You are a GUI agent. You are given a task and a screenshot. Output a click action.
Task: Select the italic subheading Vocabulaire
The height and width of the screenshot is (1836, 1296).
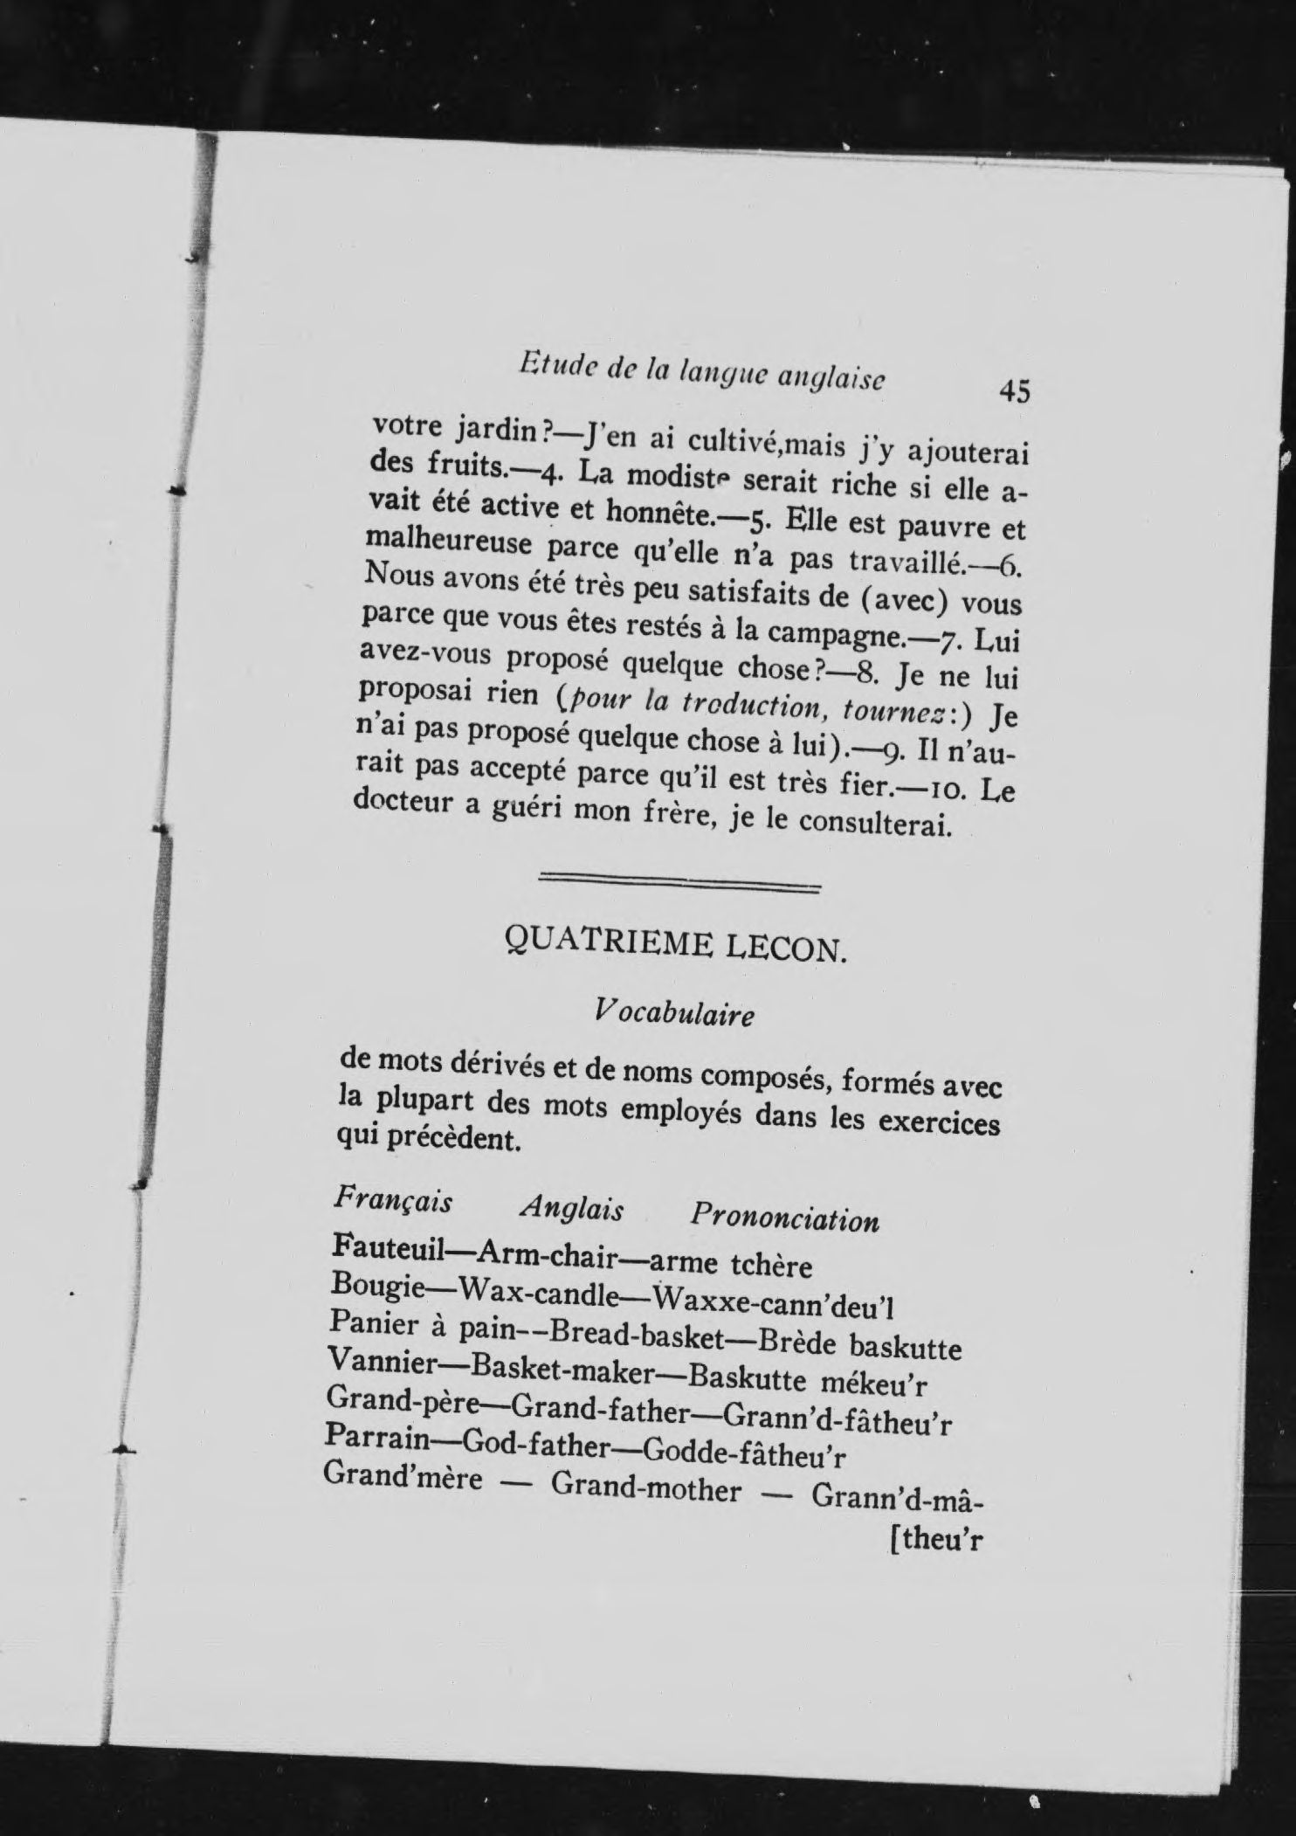tap(673, 1013)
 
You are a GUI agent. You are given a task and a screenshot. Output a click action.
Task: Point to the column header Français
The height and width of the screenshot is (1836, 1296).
tap(393, 1201)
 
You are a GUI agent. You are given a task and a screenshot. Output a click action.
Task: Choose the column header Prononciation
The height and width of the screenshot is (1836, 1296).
tap(784, 1217)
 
